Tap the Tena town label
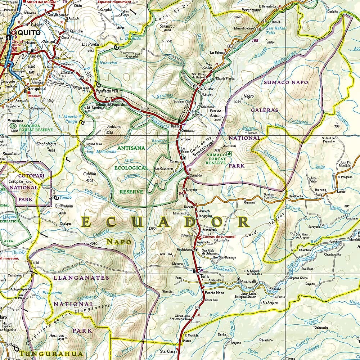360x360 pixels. [x=204, y=276]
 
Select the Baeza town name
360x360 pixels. [x=175, y=127]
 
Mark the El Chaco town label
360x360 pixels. [x=207, y=88]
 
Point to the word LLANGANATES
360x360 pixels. [x=81, y=278]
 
